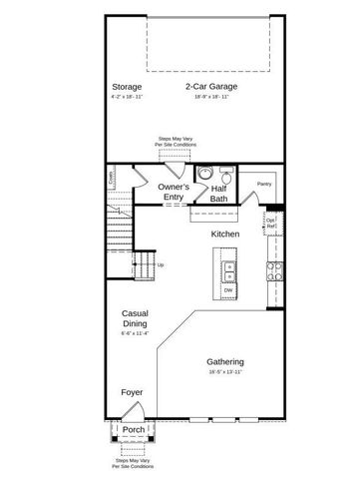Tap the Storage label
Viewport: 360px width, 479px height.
pos(127,87)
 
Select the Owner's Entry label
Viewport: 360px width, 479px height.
pos(175,192)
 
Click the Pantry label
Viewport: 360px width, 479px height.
pos(264,184)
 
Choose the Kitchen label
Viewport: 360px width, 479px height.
pos(224,234)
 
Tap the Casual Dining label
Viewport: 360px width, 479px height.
pos(135,317)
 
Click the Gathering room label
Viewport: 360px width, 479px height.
pos(226,361)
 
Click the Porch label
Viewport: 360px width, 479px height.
pos(134,430)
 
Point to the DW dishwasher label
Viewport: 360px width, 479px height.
pos(227,290)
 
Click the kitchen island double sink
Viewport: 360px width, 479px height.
pos(228,267)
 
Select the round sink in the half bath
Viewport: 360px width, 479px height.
pos(204,173)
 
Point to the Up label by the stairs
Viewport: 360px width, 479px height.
pos(162,264)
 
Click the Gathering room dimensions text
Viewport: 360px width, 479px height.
pos(226,372)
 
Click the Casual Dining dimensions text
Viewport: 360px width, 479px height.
pos(135,333)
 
